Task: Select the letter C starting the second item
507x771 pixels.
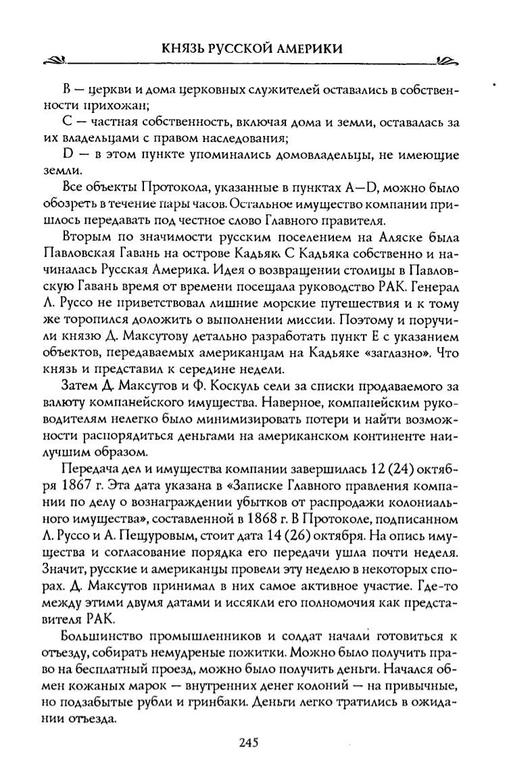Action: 66,124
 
